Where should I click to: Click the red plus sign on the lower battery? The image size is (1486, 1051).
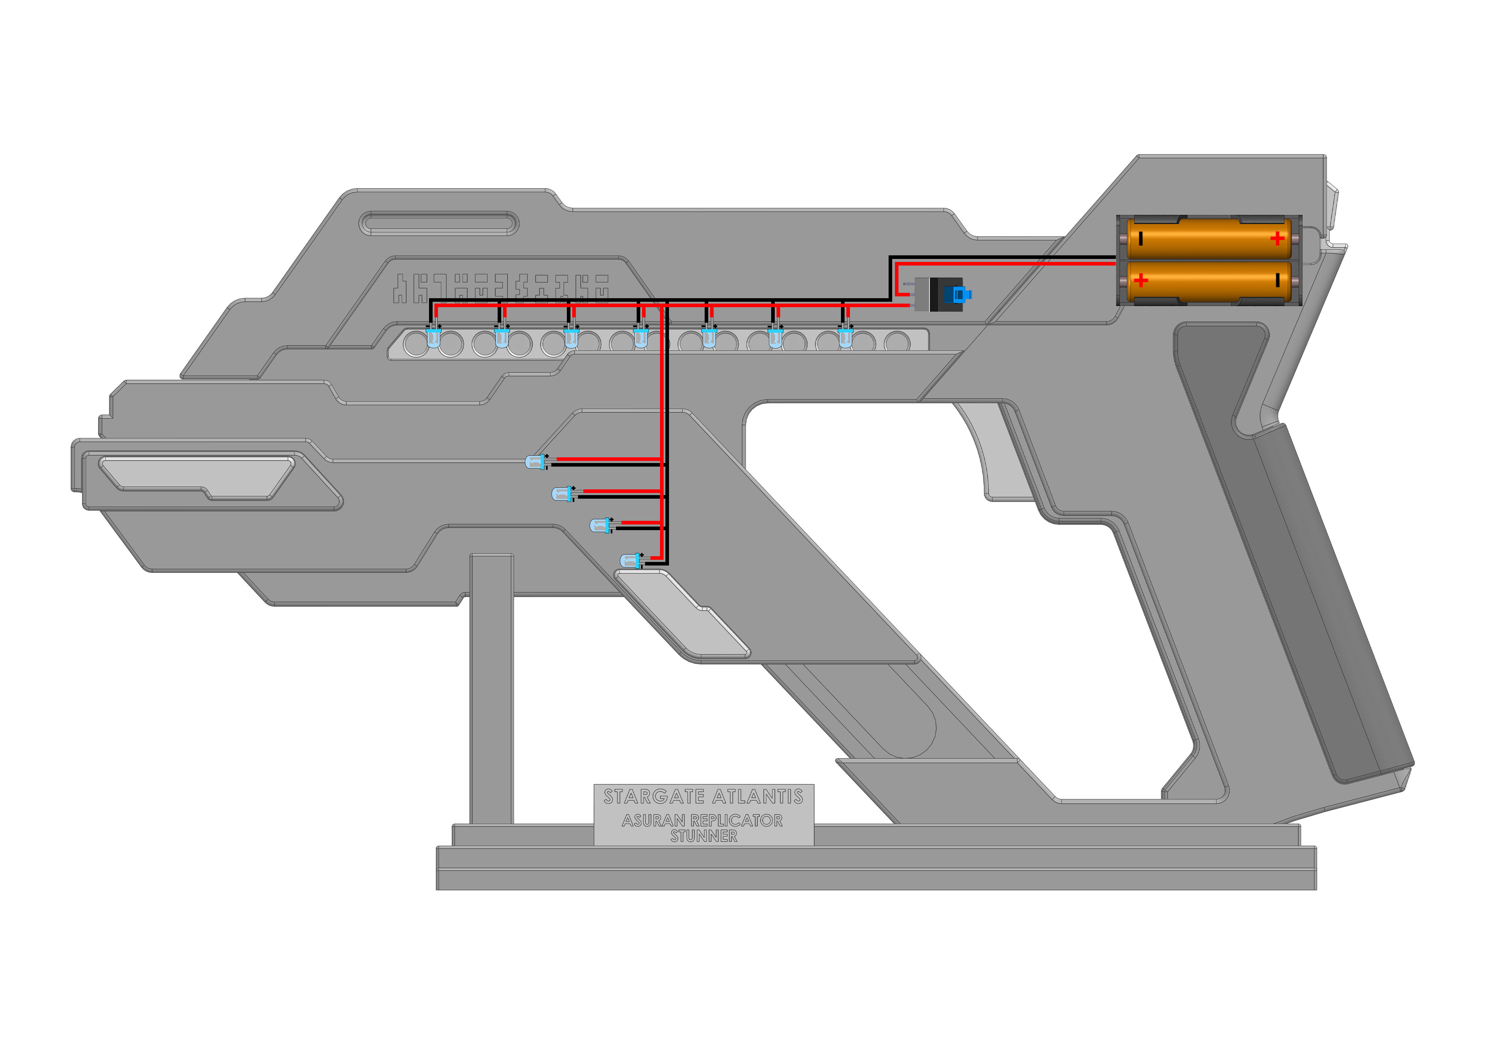pos(1141,281)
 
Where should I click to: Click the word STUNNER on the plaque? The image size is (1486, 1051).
pos(703,837)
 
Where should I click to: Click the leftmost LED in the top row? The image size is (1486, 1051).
pos(433,337)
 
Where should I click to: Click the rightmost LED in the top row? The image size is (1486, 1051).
pos(845,337)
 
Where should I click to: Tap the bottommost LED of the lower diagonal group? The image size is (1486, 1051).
pos(630,561)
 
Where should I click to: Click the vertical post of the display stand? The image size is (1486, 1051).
pos(491,686)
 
